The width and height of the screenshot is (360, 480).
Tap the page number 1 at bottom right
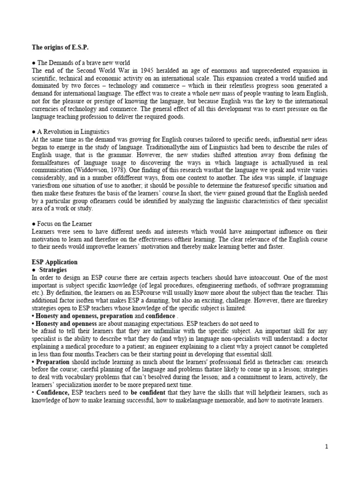pyautogui.click(x=327, y=447)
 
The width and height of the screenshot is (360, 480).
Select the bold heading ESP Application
pyautogui.click(x=54, y=262)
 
